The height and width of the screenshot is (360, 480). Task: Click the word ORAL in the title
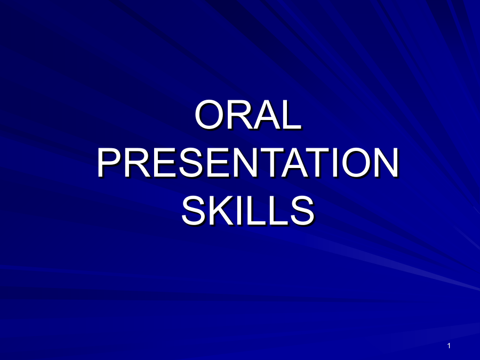pos(248,115)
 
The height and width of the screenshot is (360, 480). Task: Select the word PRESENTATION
pos(248,163)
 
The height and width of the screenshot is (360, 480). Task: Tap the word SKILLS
pos(248,211)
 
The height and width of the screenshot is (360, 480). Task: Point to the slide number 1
pos(449,346)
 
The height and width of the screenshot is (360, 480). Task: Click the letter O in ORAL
pos(209,115)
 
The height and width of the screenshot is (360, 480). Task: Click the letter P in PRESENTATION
pos(109,163)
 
